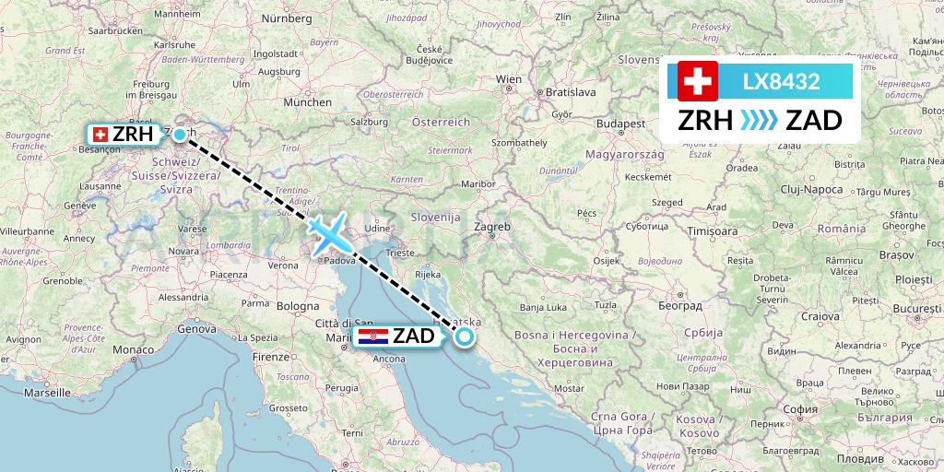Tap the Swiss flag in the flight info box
[697, 82]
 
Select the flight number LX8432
[782, 82]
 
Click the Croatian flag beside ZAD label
[373, 336]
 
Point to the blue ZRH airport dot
[179, 134]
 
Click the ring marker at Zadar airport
[464, 336]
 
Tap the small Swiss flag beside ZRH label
[100, 135]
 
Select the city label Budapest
[619, 123]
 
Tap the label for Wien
[510, 79]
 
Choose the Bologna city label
[298, 305]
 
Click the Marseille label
[47, 391]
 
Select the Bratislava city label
[572, 92]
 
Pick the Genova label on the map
[196, 328]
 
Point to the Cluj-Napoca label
[811, 189]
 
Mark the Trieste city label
[400, 251]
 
